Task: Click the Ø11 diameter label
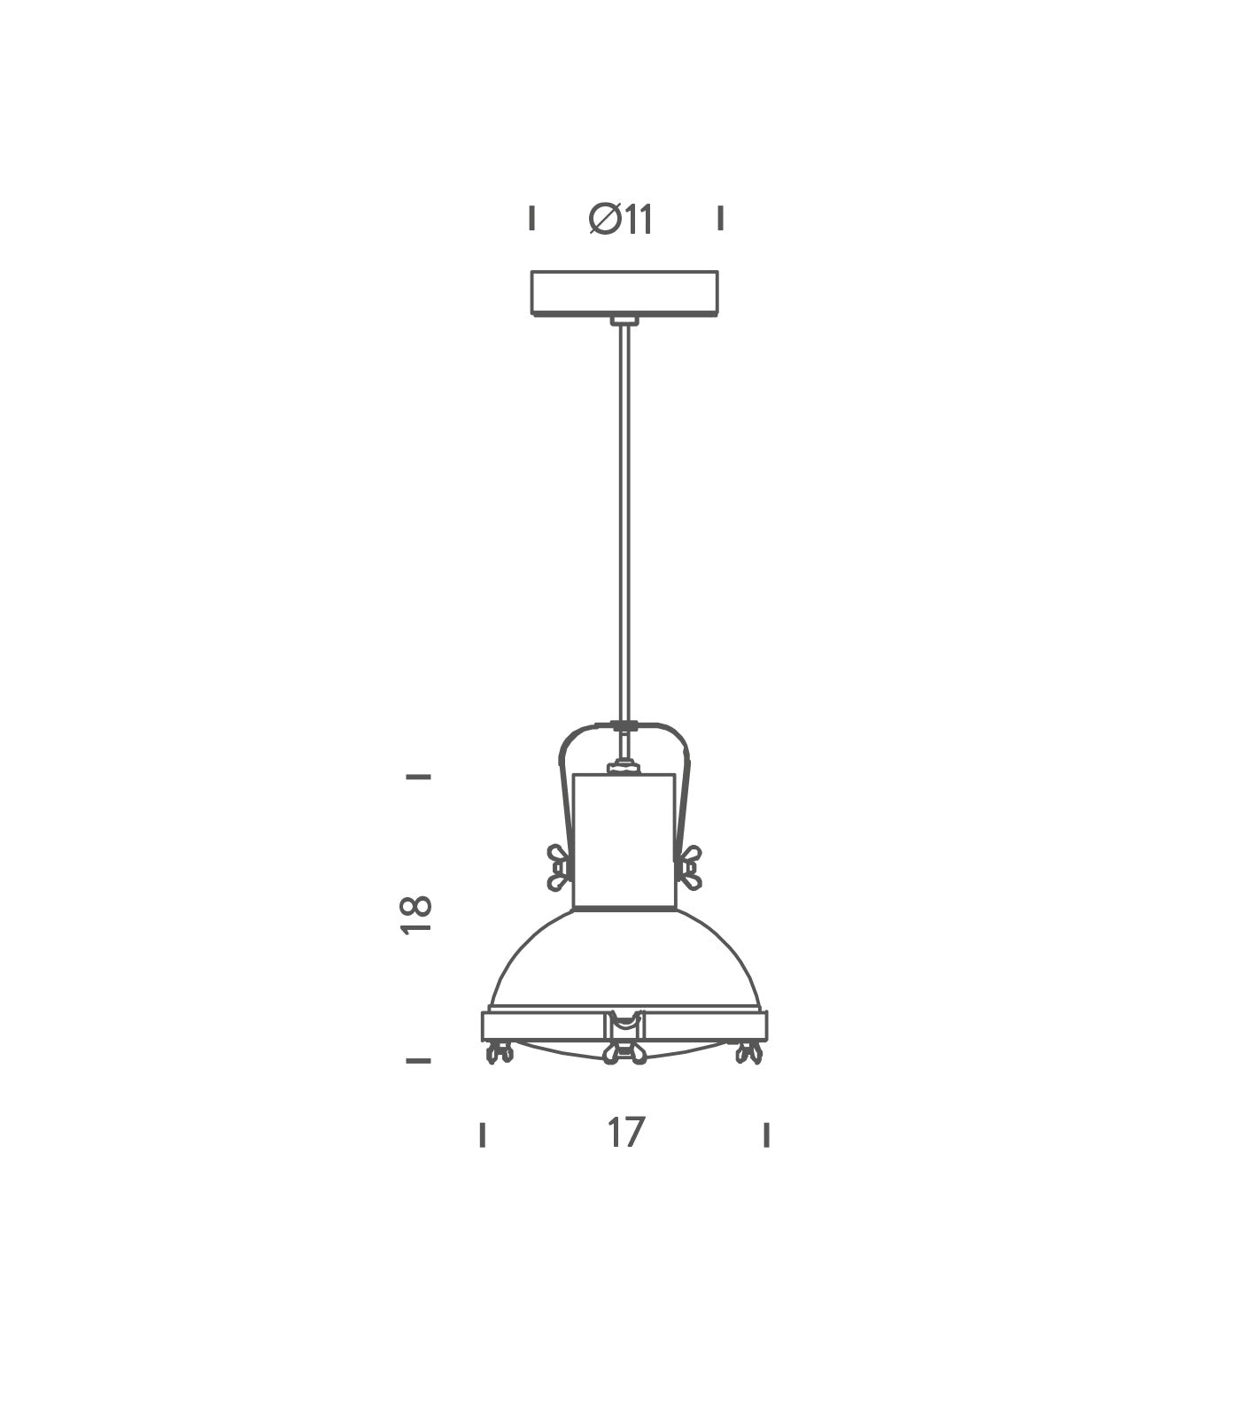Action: click(622, 220)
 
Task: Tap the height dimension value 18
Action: click(416, 914)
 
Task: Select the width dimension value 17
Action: click(625, 1133)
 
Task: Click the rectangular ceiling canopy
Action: click(624, 292)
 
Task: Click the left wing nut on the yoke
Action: click(558, 867)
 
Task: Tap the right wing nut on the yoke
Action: click(690, 867)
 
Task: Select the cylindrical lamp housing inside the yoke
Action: click(624, 841)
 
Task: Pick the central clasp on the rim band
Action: click(624, 1025)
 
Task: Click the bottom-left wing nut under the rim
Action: click(500, 1052)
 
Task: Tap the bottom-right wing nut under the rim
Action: click(749, 1052)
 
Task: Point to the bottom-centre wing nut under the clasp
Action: click(624, 1054)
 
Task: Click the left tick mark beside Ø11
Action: click(531, 217)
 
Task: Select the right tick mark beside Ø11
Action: click(720, 217)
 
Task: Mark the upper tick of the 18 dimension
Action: click(418, 777)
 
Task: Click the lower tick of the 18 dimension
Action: click(418, 1060)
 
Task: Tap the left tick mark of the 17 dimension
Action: click(483, 1134)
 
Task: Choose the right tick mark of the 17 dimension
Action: click(766, 1134)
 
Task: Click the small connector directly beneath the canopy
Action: click(624, 321)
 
